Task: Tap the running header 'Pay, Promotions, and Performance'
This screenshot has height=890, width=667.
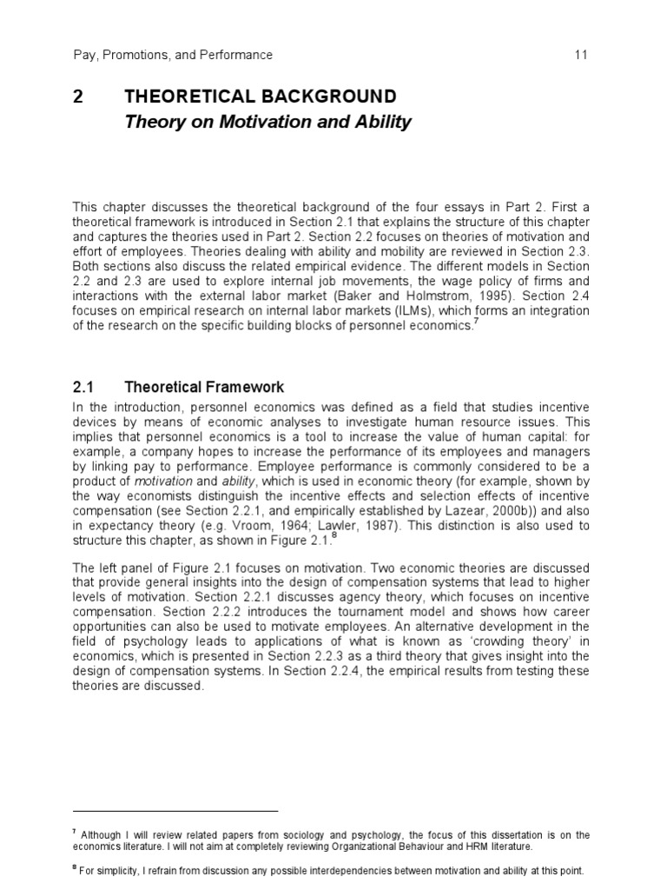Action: click(x=173, y=55)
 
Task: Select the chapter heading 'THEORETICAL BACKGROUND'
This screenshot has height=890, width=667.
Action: click(x=261, y=96)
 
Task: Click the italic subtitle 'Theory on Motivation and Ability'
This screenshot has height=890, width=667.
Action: click(x=267, y=123)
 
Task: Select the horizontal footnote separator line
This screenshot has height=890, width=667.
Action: click(x=174, y=809)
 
